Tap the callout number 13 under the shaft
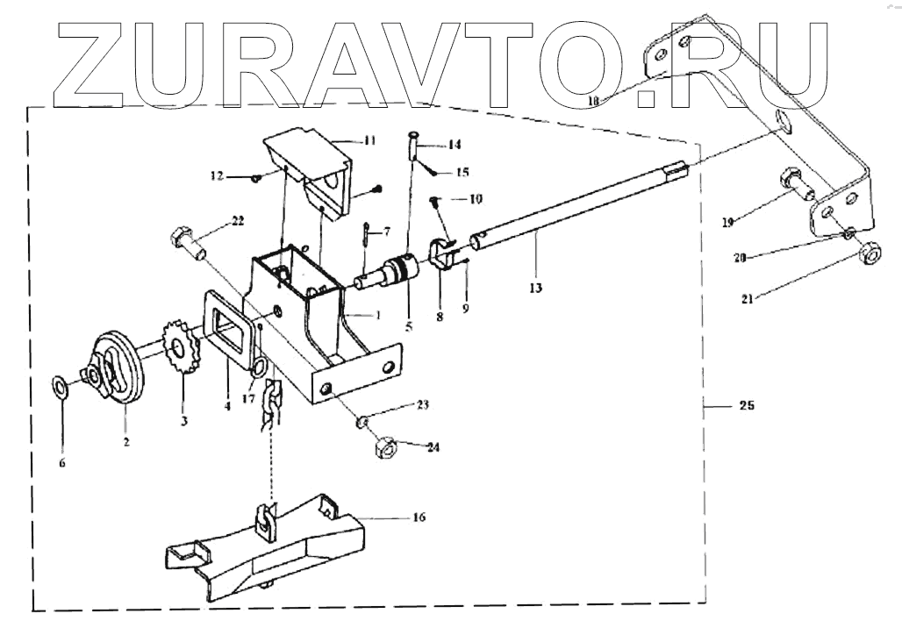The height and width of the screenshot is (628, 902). point(535,288)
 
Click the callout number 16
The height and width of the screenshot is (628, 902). point(418,517)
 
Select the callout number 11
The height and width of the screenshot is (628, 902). point(369,139)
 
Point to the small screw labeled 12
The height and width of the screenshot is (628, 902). point(254,177)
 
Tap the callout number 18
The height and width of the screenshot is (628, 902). point(593,101)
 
